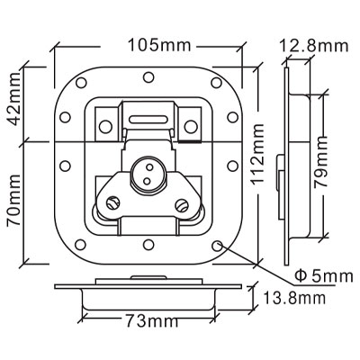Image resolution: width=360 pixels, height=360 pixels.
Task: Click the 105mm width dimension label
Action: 159,45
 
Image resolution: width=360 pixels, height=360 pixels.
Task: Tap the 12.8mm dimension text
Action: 314,46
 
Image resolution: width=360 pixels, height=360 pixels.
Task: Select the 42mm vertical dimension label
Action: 14,103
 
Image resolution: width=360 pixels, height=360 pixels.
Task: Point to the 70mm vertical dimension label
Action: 14,200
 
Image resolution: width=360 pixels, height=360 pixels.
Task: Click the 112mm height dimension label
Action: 257,154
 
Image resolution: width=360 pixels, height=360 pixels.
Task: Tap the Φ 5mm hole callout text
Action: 324,275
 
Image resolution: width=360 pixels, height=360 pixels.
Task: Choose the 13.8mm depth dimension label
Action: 294,298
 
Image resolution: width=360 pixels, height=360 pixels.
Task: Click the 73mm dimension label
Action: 152,321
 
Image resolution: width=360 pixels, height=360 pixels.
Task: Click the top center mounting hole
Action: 148,77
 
